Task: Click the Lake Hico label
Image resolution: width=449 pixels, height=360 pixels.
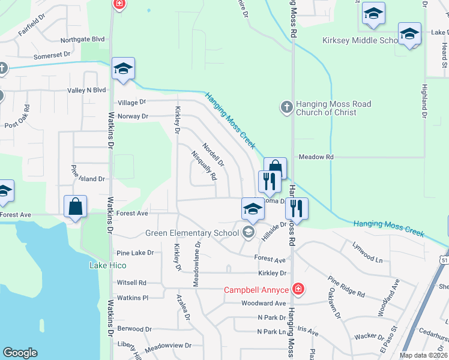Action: (107, 265)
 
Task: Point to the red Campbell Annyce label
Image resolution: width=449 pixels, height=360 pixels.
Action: (257, 290)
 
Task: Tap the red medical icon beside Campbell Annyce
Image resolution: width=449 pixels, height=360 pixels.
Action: (297, 290)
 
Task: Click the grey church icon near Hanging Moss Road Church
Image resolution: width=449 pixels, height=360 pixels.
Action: (286, 107)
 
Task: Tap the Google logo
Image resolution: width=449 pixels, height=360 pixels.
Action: (20, 353)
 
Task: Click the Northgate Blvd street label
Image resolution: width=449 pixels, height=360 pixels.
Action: (82, 40)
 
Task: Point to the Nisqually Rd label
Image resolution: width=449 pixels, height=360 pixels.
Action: (203, 165)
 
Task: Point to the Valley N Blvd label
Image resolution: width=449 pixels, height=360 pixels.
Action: (86, 91)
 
